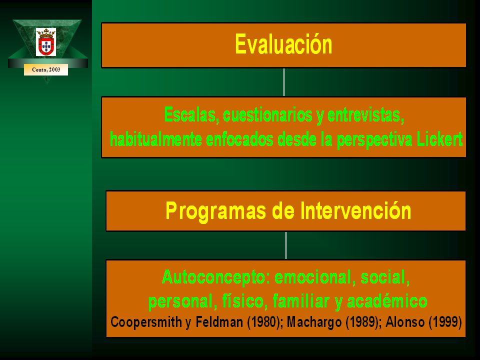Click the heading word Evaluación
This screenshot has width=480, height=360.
click(283, 44)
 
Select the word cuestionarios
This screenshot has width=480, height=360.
click(268, 115)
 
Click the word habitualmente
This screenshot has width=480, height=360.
click(156, 139)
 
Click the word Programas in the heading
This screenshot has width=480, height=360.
click(216, 211)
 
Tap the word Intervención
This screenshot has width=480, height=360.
click(355, 210)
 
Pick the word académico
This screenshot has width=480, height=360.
click(387, 301)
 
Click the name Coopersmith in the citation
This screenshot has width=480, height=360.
click(146, 322)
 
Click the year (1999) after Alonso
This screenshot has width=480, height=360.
click(445, 322)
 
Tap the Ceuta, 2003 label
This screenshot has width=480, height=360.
click(46, 69)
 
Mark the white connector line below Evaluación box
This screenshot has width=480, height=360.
click(284, 82)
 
